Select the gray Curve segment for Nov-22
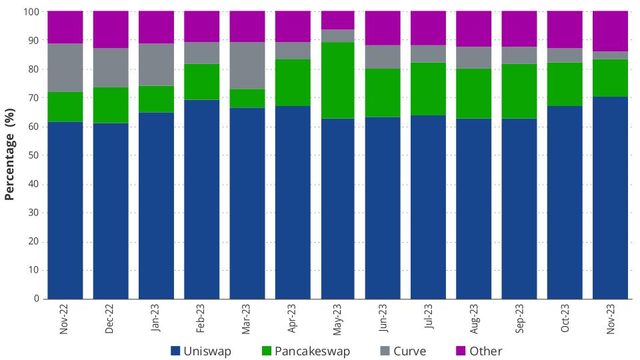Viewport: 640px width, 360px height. (x=65, y=67)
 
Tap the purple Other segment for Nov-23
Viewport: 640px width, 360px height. (x=610, y=31)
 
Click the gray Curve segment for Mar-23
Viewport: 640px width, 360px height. (x=247, y=65)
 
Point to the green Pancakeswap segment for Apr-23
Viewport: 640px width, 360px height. (x=293, y=83)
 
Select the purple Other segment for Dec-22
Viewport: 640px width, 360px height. (x=111, y=29)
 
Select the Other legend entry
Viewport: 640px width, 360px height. (x=477, y=351)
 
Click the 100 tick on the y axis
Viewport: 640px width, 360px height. (x=32, y=12)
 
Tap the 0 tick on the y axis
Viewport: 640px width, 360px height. (x=37, y=299)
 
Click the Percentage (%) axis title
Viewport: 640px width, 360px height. (x=10, y=155)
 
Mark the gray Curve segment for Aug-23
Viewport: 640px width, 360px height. (x=474, y=57)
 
